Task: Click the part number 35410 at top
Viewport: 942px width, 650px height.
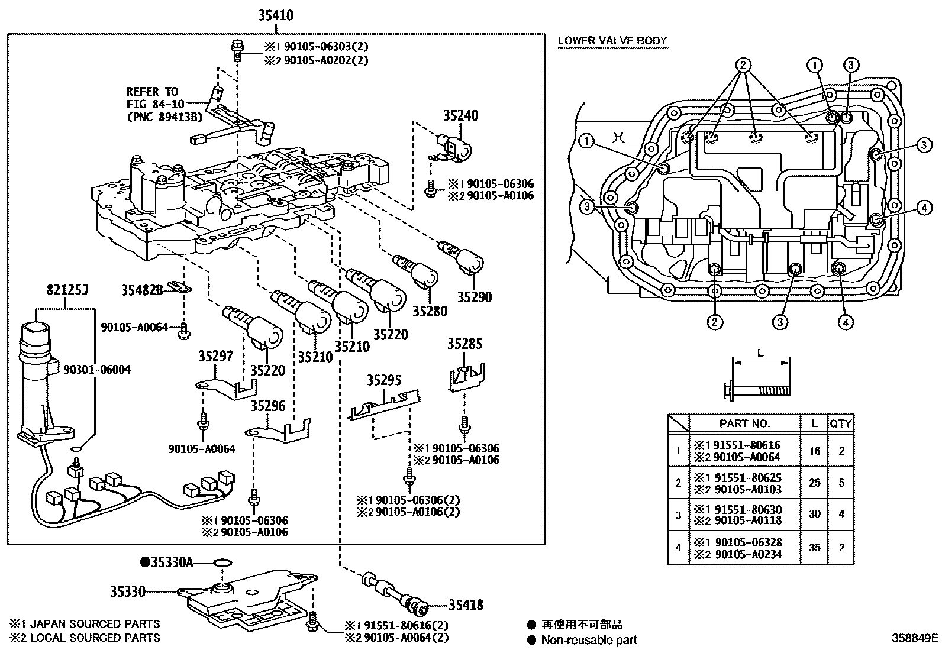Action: (x=275, y=16)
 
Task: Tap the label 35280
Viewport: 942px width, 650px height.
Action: (x=430, y=311)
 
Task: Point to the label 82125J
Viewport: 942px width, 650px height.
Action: (x=67, y=291)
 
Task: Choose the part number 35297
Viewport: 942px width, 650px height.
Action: (x=215, y=356)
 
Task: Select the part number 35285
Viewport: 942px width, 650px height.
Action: (x=464, y=344)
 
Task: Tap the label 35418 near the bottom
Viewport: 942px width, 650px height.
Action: (x=466, y=604)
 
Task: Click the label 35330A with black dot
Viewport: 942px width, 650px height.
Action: (x=167, y=562)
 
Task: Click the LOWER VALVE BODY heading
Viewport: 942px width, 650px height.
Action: (x=612, y=41)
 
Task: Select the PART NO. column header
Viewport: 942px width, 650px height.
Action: (x=744, y=423)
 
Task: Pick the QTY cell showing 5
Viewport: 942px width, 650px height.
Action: (x=841, y=483)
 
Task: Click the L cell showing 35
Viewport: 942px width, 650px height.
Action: (x=814, y=548)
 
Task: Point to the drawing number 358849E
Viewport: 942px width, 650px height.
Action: (x=915, y=638)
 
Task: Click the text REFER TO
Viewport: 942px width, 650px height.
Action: (x=151, y=92)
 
